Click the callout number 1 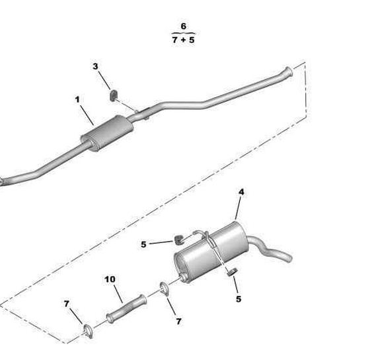tap(77, 99)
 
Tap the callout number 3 tap(95, 66)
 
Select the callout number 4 tap(241, 192)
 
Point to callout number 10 tap(110, 279)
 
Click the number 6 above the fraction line tap(184, 26)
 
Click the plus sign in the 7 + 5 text tap(183, 40)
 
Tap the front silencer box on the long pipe tap(107, 132)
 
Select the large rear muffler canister tap(211, 252)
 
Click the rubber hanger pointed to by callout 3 tap(114, 95)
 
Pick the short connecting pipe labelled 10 tap(126, 309)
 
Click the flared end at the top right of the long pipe tap(289, 71)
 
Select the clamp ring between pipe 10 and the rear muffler tap(165, 289)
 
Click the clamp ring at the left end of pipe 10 tap(88, 331)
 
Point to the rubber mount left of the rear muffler tap(179, 240)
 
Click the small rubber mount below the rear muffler tap(232, 272)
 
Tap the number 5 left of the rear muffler tap(143, 244)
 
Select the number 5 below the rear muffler tap(239, 299)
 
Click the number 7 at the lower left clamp tap(67, 304)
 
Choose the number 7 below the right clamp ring tap(179, 322)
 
